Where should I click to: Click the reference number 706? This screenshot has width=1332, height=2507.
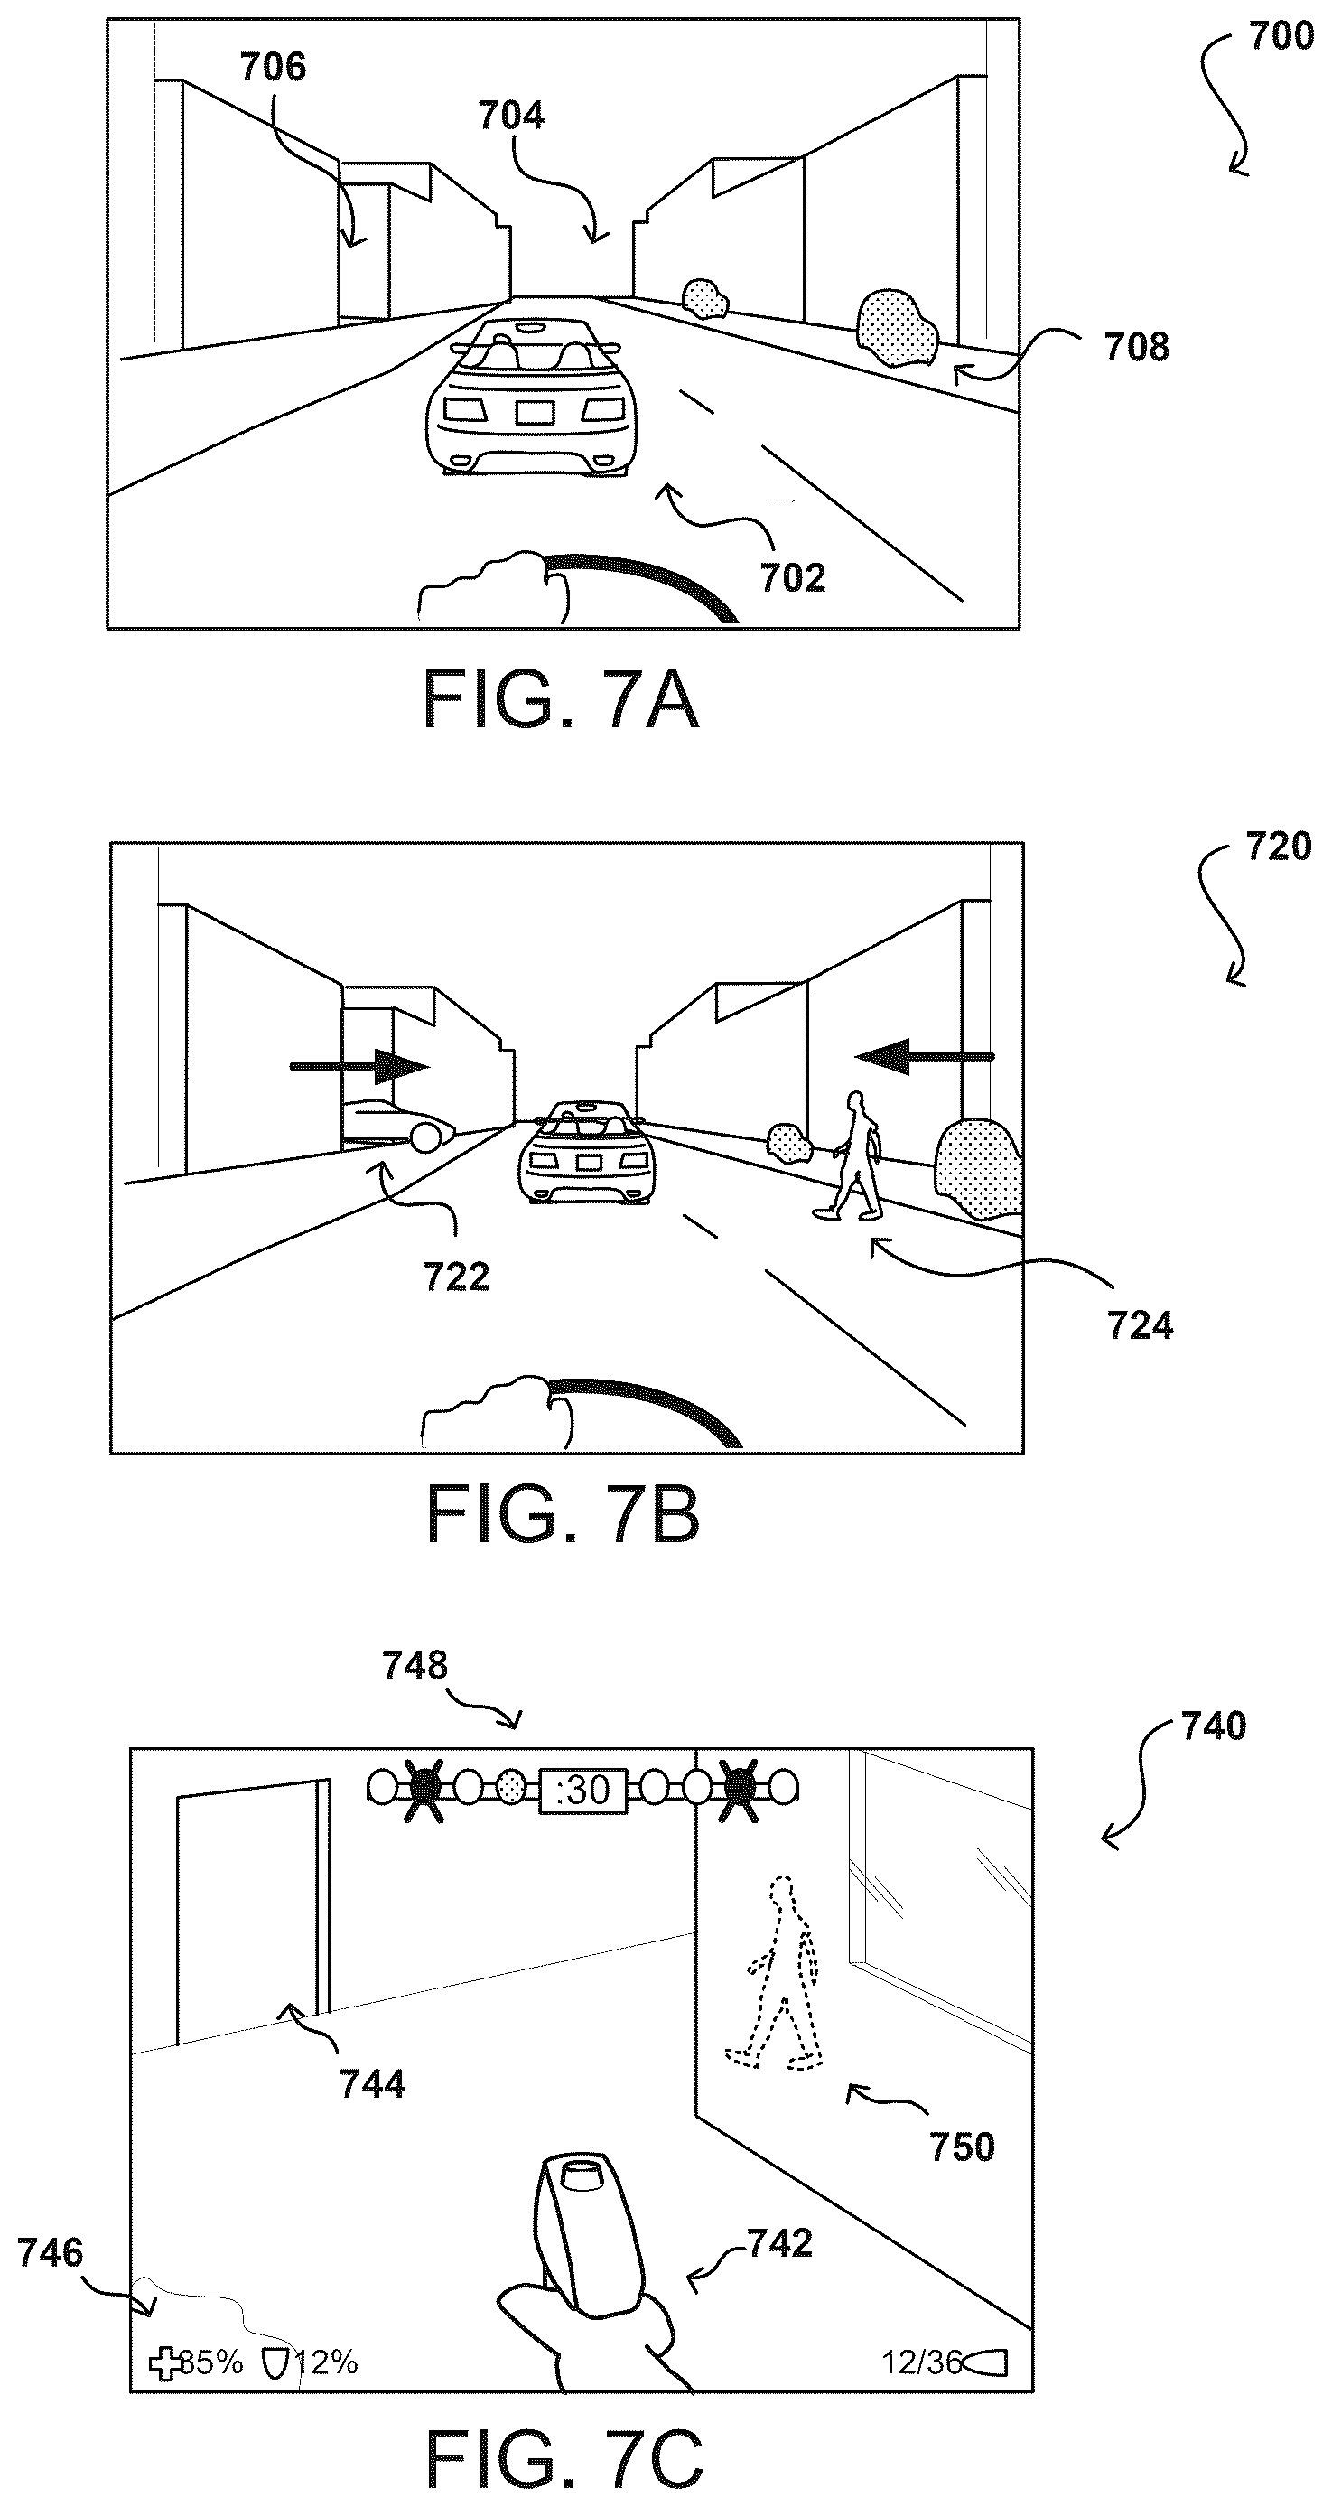[x=273, y=67]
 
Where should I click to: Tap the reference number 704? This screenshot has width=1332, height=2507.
[x=511, y=116]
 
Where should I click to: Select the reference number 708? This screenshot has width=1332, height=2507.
[x=1136, y=348]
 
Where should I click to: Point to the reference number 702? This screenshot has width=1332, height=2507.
[x=793, y=578]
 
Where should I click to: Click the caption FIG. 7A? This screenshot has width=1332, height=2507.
[x=562, y=702]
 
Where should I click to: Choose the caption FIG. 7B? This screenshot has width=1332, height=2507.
[x=564, y=1515]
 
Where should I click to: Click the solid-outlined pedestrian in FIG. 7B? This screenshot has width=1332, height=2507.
[x=851, y=1155]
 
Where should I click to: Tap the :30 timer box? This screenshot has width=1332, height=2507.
[x=582, y=1789]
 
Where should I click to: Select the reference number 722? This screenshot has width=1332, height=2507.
[x=456, y=1277]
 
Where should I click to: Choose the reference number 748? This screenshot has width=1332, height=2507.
[x=415, y=1665]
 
